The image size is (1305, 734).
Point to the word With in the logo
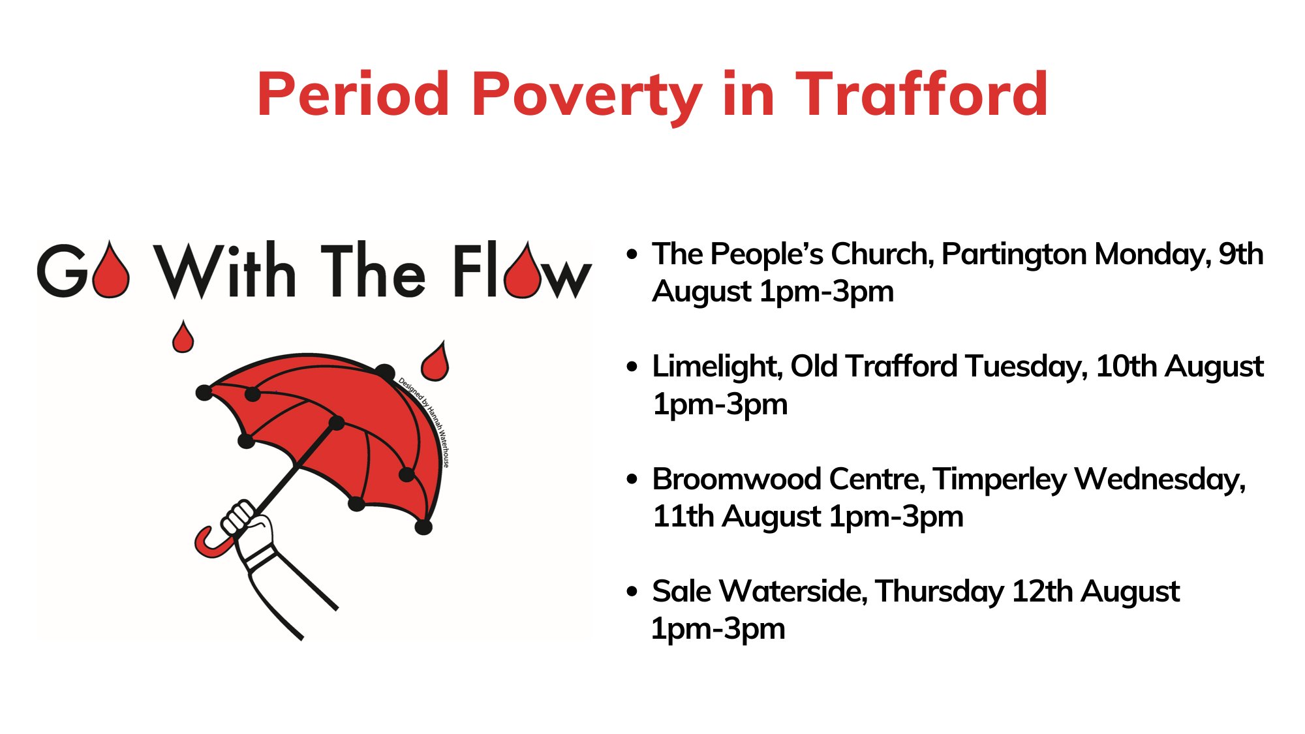(x=224, y=271)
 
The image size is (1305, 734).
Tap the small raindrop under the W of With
(x=183, y=337)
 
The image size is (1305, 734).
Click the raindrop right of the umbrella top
(x=435, y=362)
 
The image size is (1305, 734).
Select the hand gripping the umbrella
(x=251, y=525)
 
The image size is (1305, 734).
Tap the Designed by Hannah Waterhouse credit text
(x=425, y=421)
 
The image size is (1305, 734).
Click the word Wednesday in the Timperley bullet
(x=1159, y=480)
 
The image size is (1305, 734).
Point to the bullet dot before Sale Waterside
(x=631, y=591)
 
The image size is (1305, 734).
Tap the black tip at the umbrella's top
(x=385, y=373)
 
